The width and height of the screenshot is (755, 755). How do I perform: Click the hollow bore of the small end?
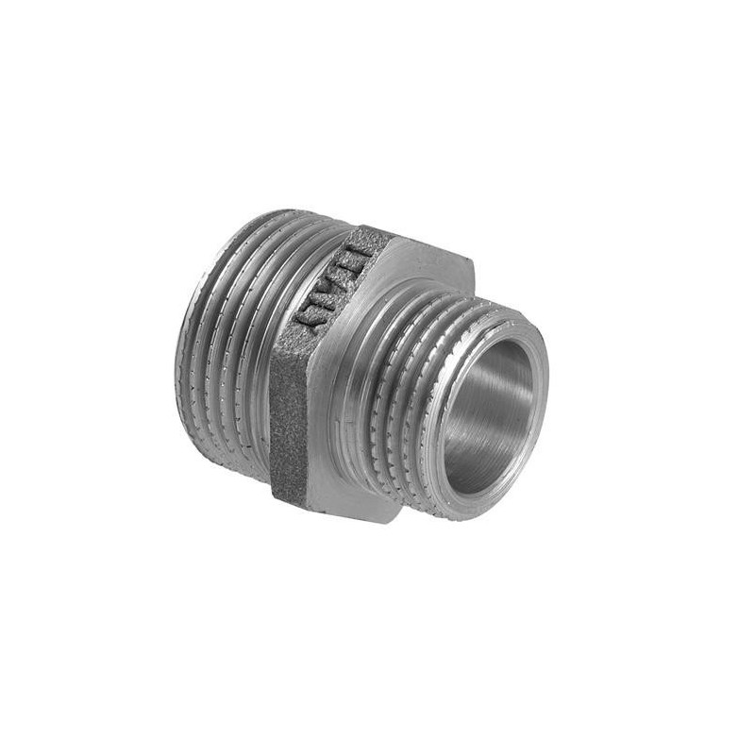(x=487, y=415)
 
